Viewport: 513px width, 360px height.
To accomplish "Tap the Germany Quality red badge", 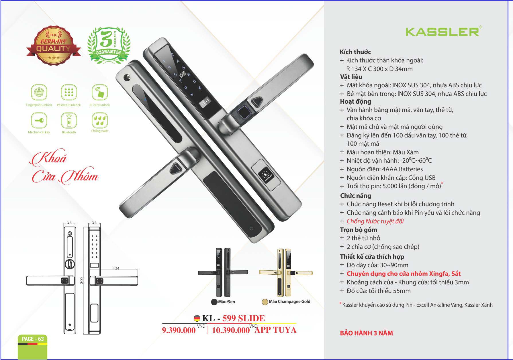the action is tap(53, 45).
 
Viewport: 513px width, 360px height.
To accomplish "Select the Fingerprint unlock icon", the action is tap(39, 92).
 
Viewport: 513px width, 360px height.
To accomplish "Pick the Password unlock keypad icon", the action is tap(69, 92).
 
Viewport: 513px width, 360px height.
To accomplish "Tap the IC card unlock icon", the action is tap(99, 92).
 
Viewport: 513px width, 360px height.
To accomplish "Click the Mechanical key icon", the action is tap(39, 120).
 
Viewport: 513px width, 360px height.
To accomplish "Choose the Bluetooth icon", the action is tap(69, 120).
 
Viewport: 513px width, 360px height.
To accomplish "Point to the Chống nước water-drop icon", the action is tap(99, 120).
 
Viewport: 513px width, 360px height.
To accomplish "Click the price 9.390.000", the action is tap(179, 330).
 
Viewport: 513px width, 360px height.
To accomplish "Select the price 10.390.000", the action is tap(231, 330).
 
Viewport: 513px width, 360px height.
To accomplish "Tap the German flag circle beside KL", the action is tap(197, 318).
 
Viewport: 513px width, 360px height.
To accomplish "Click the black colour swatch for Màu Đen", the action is tap(214, 302).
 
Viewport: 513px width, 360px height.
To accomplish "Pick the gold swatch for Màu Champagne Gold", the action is tap(265, 302).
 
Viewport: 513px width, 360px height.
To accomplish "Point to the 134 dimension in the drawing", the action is tap(116, 268).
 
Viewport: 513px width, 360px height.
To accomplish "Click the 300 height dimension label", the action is tap(82, 280).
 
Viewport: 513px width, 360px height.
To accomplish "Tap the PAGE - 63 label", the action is tap(33, 339).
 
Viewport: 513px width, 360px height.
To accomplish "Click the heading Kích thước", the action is tap(355, 52).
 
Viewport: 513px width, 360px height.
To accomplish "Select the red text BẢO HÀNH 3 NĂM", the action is tap(366, 333).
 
